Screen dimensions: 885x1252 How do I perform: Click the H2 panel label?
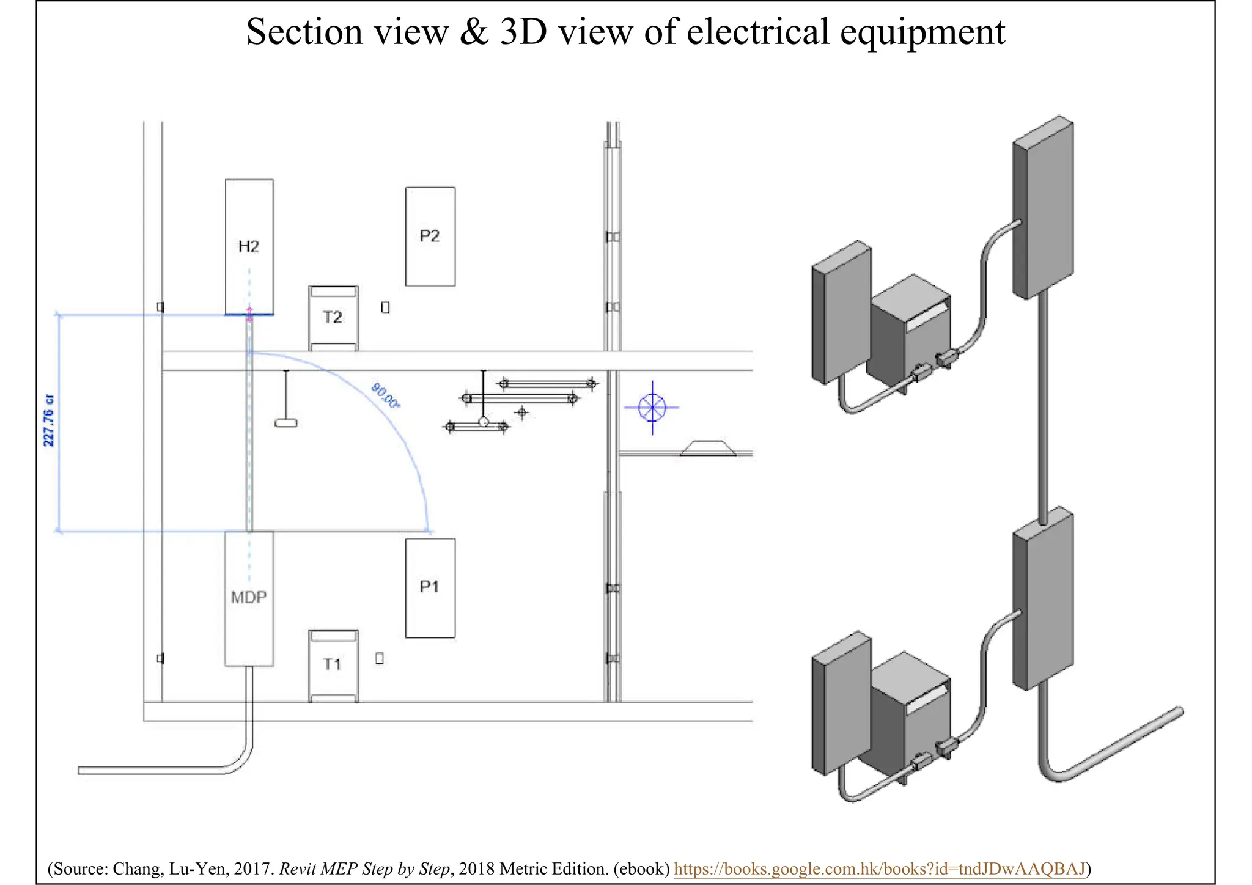click(x=249, y=246)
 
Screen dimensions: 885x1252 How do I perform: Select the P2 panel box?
click(x=430, y=237)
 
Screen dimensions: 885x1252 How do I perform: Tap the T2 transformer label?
click(x=333, y=317)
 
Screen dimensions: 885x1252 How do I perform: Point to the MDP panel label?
click(x=249, y=597)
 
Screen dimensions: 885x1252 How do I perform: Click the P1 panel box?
click(x=430, y=587)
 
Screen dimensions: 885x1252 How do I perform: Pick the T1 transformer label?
click(x=333, y=664)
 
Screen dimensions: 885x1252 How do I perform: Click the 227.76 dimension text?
click(x=49, y=420)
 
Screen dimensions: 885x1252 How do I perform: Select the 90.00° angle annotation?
click(x=386, y=396)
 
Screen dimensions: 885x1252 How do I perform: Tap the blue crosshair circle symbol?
click(x=652, y=407)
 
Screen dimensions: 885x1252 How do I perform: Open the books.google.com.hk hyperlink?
click(x=880, y=868)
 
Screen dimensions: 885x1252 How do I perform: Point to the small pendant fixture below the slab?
click(x=285, y=422)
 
